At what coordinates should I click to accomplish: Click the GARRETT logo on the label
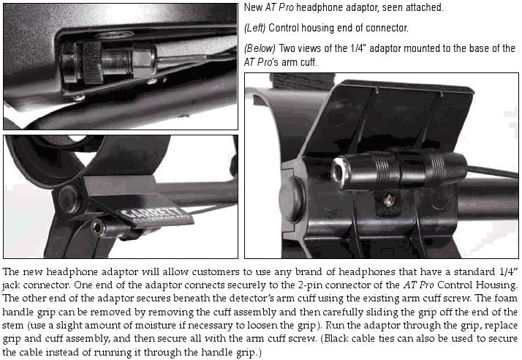150,214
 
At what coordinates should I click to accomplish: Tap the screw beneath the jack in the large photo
388,200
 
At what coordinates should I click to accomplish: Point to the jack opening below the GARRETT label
97,228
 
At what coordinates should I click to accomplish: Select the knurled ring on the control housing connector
92,63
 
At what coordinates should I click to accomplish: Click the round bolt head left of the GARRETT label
68,199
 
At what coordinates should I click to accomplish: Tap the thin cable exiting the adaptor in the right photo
493,171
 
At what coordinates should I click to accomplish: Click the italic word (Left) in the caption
254,28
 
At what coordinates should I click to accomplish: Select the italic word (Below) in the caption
260,49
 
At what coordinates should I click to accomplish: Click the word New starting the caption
254,7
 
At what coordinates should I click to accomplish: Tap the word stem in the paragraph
12,326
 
